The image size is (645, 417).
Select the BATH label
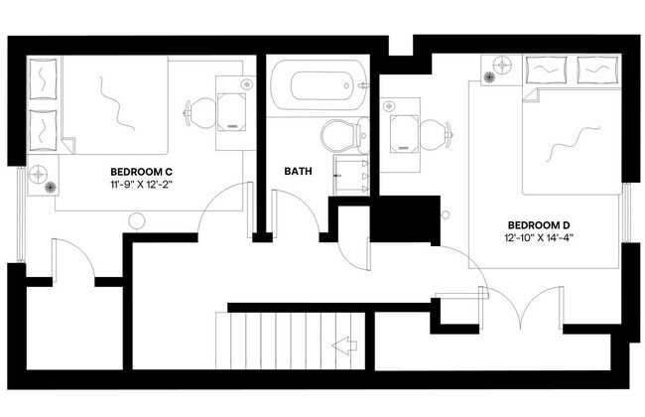click(299, 171)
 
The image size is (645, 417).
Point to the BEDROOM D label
click(539, 223)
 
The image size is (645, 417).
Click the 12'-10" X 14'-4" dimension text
click(540, 238)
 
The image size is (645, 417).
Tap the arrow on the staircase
click(345, 347)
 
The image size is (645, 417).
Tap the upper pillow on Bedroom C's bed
click(44, 77)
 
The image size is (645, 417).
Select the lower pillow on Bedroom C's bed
click(44, 126)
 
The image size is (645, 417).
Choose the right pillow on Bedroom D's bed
click(594, 69)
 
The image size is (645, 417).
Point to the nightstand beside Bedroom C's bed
click(43, 175)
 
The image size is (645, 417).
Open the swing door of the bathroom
click(296, 211)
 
